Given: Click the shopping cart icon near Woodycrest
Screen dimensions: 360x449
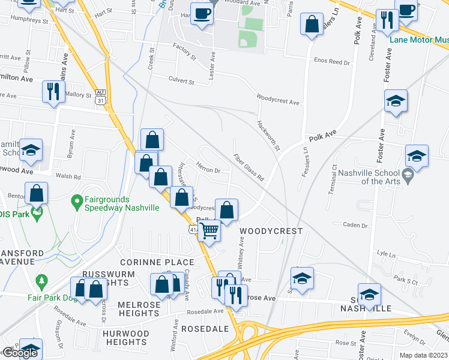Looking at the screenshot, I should pyautogui.click(x=209, y=230).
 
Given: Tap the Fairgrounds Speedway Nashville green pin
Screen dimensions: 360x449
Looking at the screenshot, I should pyautogui.click(x=76, y=202).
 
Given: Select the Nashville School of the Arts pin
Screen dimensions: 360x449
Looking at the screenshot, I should pyautogui.click(x=408, y=176).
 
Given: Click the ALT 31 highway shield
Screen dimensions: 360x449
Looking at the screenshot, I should pyautogui.click(x=100, y=98).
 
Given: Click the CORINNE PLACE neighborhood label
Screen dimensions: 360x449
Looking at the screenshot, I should pyautogui.click(x=157, y=262).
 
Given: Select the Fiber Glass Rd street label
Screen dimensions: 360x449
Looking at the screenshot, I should pyautogui.click(x=249, y=167).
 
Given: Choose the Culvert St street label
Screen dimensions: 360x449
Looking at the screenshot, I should pyautogui.click(x=181, y=81).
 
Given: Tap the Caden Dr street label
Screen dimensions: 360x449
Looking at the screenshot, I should pyautogui.click(x=354, y=225).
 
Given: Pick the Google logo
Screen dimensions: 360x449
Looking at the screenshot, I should pyautogui.click(x=20, y=353).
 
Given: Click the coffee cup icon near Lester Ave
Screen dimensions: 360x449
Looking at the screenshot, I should pyautogui.click(x=202, y=13).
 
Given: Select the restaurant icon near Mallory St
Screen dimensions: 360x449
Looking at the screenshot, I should pyautogui.click(x=53, y=91).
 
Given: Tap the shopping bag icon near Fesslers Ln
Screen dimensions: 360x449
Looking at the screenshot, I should pyautogui.click(x=312, y=25).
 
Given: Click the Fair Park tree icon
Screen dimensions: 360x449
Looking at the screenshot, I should pyautogui.click(x=41, y=281).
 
